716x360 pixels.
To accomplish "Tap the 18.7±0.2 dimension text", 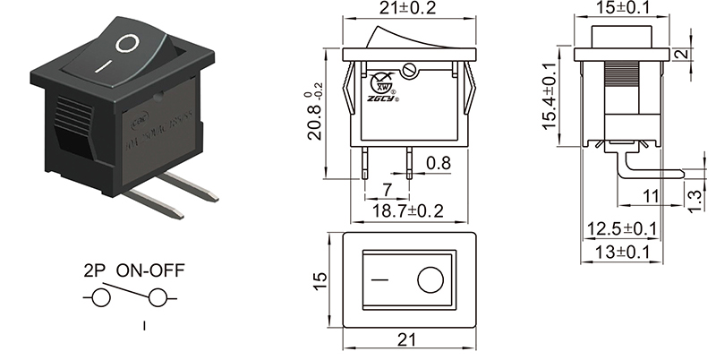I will pos(408,211).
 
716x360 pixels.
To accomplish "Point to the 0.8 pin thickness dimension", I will pos(439,164).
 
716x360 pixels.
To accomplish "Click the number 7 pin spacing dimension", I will pos(387,189).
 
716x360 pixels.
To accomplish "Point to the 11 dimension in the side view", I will pos(651,195).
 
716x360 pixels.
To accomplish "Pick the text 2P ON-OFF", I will pos(135,270).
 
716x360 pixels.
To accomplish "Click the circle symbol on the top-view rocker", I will pos(430,280).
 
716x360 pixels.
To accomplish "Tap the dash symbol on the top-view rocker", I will pos(381,280).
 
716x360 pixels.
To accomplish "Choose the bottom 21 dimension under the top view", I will pos(408,341).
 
